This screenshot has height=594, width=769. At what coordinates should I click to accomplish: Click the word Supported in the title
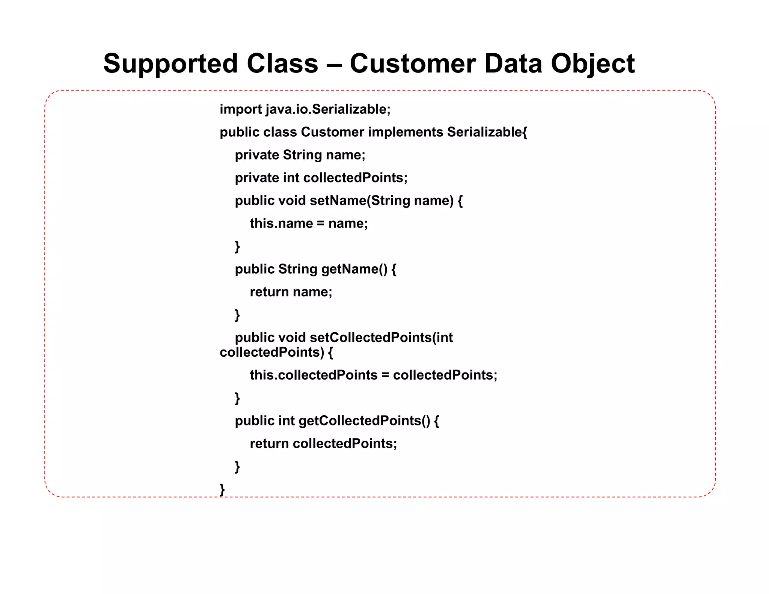170,64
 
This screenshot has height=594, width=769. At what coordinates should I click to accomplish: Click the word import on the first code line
241,109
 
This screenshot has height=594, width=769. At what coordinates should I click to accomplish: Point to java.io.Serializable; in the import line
328,109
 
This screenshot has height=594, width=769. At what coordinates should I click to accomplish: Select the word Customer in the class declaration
332,132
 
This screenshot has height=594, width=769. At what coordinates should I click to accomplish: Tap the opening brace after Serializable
525,132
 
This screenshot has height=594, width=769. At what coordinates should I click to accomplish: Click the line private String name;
300,155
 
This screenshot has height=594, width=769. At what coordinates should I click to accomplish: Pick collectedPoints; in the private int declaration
355,178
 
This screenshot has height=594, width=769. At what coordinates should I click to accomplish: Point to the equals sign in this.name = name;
320,223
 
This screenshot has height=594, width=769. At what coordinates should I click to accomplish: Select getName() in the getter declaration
354,269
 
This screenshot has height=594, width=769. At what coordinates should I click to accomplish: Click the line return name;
291,292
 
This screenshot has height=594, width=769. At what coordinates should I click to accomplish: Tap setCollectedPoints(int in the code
381,338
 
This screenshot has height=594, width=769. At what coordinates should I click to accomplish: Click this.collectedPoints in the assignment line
314,375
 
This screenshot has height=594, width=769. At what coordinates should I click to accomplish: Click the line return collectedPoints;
323,443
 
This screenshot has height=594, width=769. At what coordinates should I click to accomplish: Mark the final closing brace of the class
222,489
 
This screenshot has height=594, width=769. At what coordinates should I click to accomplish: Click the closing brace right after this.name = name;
237,246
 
